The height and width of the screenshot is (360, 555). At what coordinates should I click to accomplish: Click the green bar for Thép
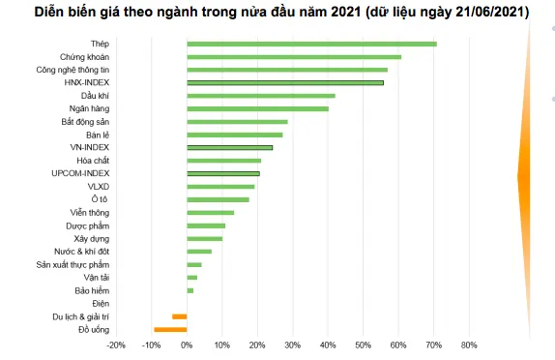[311, 44]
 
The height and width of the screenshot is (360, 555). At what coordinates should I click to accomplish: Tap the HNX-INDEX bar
[285, 83]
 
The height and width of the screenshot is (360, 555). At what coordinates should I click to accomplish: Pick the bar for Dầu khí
[261, 96]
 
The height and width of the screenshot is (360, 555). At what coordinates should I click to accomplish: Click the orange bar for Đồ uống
[171, 330]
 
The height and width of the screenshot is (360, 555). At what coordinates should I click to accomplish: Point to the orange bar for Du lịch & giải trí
[180, 316]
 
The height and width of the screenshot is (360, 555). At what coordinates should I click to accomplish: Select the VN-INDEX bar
[230, 148]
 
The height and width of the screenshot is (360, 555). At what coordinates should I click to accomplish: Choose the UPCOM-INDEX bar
[223, 174]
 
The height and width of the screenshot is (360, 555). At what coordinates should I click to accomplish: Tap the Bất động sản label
[86, 122]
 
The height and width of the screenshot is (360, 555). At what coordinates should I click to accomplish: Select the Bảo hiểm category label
[93, 290]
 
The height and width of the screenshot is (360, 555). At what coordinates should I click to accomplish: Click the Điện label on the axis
[102, 304]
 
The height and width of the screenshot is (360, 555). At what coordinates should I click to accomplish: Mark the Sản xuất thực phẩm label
[73, 264]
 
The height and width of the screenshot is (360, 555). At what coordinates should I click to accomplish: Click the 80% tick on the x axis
[469, 345]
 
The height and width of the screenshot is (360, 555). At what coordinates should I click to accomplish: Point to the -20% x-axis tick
[115, 345]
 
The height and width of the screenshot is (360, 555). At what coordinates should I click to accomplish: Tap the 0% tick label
[187, 345]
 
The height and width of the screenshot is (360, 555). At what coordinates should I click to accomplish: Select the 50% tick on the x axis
[363, 345]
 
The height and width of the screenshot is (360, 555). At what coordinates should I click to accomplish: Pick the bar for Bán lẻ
[235, 135]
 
